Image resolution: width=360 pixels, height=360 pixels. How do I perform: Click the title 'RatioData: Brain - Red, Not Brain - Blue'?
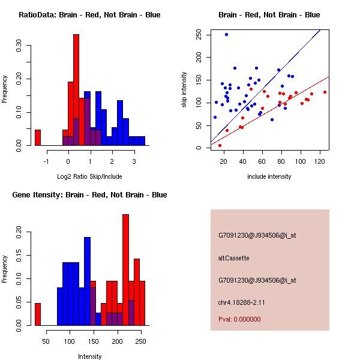coord(89,15)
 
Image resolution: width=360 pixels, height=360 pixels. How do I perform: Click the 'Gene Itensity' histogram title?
coord(89,195)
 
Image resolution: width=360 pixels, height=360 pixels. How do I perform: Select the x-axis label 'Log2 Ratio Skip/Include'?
coord(89,176)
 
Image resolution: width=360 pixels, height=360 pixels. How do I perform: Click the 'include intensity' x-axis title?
coord(269,176)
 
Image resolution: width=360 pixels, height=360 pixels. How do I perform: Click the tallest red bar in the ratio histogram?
coord(76,90)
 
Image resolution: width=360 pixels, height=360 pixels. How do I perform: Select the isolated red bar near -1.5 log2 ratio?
coord(38,137)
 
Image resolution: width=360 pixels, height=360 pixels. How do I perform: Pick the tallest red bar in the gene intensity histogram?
coord(126,270)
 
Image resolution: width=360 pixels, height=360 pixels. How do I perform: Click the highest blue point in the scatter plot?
coord(226,34)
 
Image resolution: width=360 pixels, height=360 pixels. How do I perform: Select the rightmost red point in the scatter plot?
coord(325,92)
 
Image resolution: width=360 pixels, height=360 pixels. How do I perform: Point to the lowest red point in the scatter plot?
coord(220,145)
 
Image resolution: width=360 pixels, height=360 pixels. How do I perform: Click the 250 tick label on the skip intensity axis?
coord(198,34)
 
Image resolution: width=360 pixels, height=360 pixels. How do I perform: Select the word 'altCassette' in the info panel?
coord(233,258)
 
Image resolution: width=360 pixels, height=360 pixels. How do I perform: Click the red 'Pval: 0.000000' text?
coord(239,319)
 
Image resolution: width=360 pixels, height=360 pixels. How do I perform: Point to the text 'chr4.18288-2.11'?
coord(241,302)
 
